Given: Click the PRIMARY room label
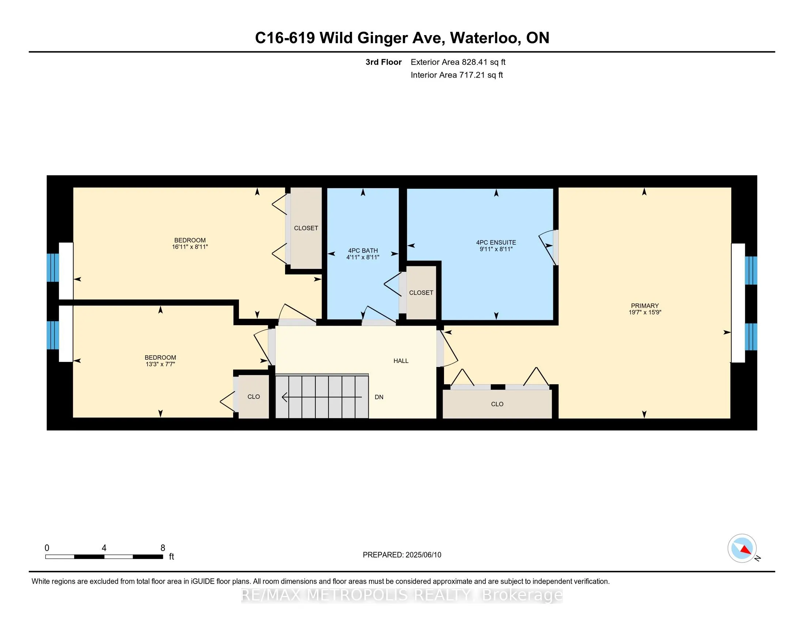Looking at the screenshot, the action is (x=645, y=306).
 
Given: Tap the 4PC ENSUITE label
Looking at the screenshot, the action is (x=496, y=243).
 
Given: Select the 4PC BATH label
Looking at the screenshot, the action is (x=363, y=251).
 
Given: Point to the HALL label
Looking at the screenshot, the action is (x=401, y=361).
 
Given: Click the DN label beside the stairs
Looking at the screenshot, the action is (x=379, y=397).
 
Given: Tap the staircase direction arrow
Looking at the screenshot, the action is (x=322, y=397).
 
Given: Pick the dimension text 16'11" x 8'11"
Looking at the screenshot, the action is (x=190, y=247).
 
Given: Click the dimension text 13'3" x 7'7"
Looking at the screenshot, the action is (x=160, y=364).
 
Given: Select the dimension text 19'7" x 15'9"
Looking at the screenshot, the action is (x=645, y=312).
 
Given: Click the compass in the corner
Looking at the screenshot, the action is (x=742, y=548).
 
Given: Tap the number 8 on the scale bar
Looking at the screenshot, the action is (x=163, y=548).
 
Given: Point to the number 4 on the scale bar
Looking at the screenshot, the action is (x=104, y=548).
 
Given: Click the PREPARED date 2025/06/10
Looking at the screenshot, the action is (x=423, y=555).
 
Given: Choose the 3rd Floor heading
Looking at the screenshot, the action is (x=383, y=62).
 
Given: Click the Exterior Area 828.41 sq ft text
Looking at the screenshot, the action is (x=458, y=62).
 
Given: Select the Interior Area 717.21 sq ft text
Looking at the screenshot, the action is (x=456, y=75).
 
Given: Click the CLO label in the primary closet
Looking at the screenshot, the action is (x=497, y=404).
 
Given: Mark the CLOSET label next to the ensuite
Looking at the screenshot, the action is (x=421, y=293).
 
